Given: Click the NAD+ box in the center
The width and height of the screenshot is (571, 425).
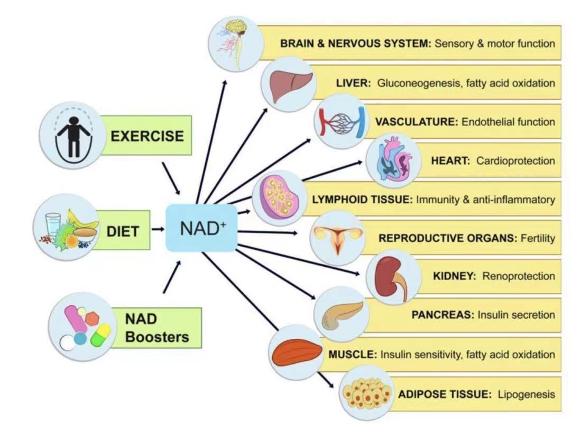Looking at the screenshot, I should pyautogui.click(x=201, y=229).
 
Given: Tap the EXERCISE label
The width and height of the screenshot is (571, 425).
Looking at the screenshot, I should pyautogui.click(x=147, y=136).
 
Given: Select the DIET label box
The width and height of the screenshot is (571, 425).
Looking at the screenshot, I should pyautogui.click(x=123, y=231).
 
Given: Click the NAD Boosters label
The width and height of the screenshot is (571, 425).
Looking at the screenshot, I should pyautogui.click(x=157, y=328).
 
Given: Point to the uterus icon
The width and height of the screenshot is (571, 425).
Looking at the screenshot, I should pyautogui.click(x=337, y=237).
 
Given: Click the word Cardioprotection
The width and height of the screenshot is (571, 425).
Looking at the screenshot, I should pyautogui.click(x=515, y=160).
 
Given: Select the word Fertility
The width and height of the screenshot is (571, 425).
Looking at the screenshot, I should pyautogui.click(x=538, y=238).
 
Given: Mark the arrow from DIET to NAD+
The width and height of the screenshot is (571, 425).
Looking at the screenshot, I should pyautogui.click(x=158, y=230).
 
